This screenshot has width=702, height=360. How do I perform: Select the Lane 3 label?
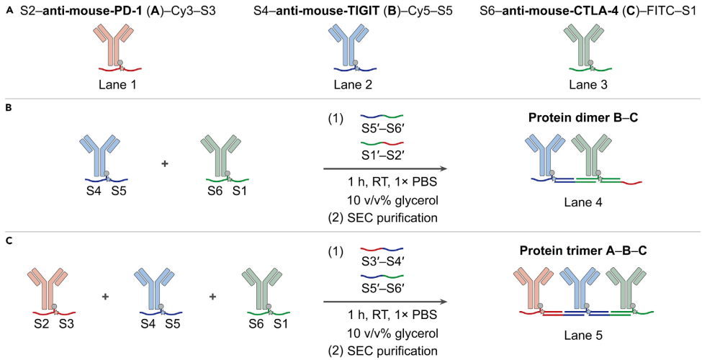[x=588, y=84]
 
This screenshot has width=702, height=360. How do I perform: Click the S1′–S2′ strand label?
[x=382, y=158]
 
